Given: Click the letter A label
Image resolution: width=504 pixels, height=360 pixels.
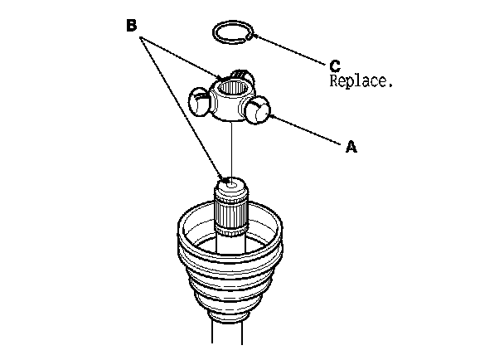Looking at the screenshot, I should pyautogui.click(x=351, y=146).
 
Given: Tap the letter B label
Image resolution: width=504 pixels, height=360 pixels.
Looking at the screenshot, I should pyautogui.click(x=131, y=25).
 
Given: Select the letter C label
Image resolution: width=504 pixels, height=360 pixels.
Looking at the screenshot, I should pyautogui.click(x=335, y=65).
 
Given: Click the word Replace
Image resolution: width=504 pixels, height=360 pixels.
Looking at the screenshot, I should pyautogui.click(x=361, y=82).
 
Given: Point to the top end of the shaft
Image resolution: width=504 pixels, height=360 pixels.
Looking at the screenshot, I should pyautogui.click(x=233, y=183).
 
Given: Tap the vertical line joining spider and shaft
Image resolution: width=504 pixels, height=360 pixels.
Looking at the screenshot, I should pyautogui.click(x=231, y=149).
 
